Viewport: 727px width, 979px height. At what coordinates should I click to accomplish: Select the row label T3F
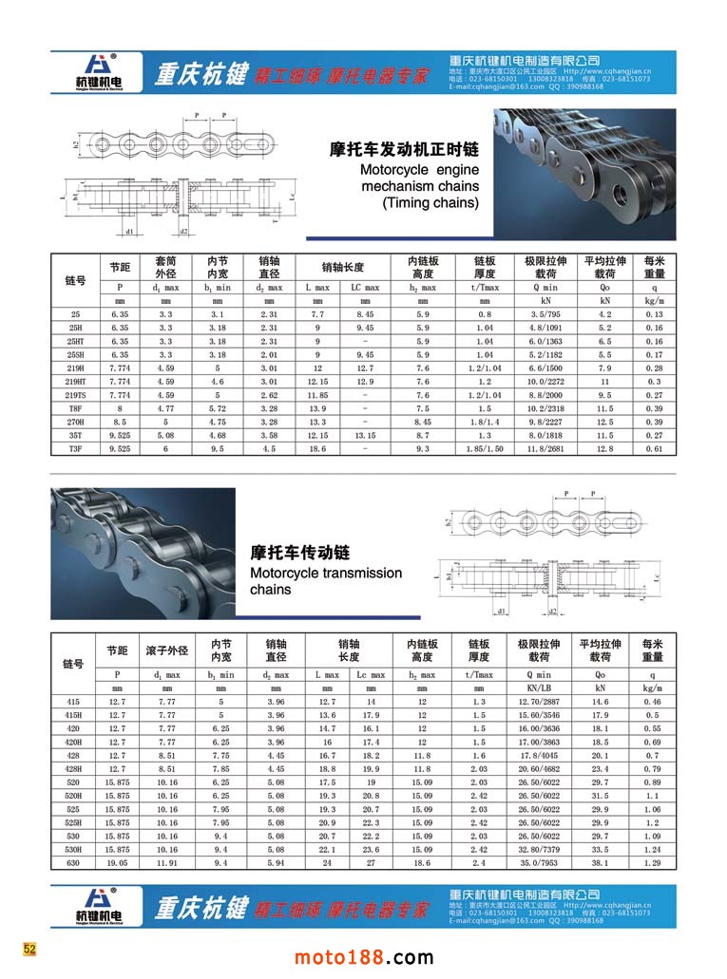(x=75, y=447)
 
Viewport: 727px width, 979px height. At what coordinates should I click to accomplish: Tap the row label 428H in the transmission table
(x=74, y=769)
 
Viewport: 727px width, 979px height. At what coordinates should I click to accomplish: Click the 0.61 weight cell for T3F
(x=654, y=447)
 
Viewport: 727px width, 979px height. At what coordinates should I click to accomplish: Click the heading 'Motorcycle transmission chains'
(x=325, y=581)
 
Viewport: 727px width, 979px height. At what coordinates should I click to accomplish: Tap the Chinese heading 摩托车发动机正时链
(x=403, y=149)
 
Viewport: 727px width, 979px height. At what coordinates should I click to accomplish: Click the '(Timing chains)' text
(x=430, y=202)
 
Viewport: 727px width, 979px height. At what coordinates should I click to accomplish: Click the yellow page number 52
(x=30, y=949)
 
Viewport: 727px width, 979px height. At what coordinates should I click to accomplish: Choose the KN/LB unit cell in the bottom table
(x=537, y=687)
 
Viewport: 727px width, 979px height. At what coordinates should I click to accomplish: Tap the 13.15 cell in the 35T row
(x=365, y=434)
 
